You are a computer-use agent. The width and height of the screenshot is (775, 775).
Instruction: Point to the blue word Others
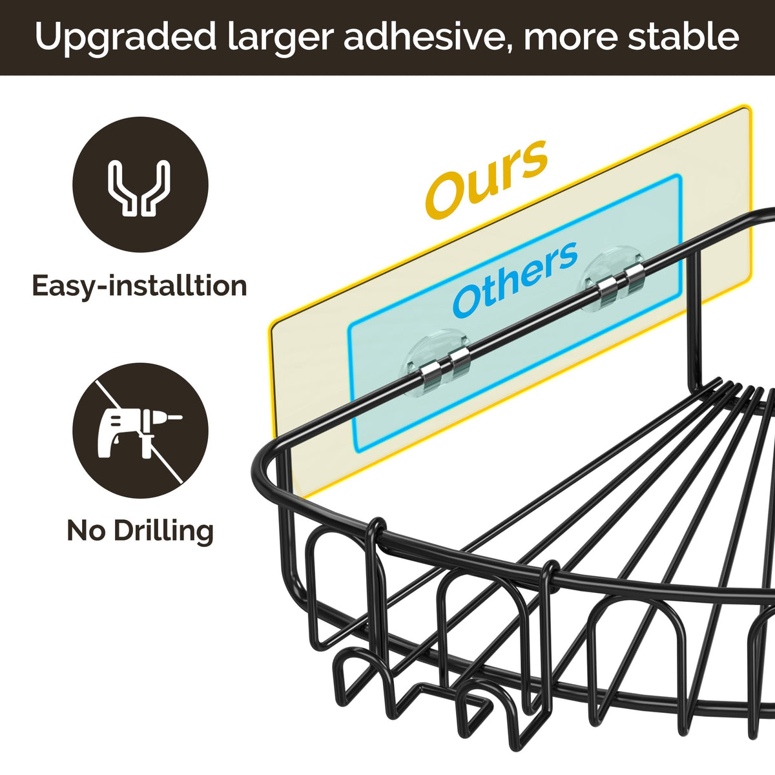pyautogui.click(x=515, y=279)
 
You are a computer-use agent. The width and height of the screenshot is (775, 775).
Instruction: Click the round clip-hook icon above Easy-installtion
pyautogui.click(x=140, y=185)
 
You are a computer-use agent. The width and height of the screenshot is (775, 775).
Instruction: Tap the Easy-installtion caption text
pyautogui.click(x=139, y=285)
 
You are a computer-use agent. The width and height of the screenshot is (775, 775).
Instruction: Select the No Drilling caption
pyautogui.click(x=140, y=531)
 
